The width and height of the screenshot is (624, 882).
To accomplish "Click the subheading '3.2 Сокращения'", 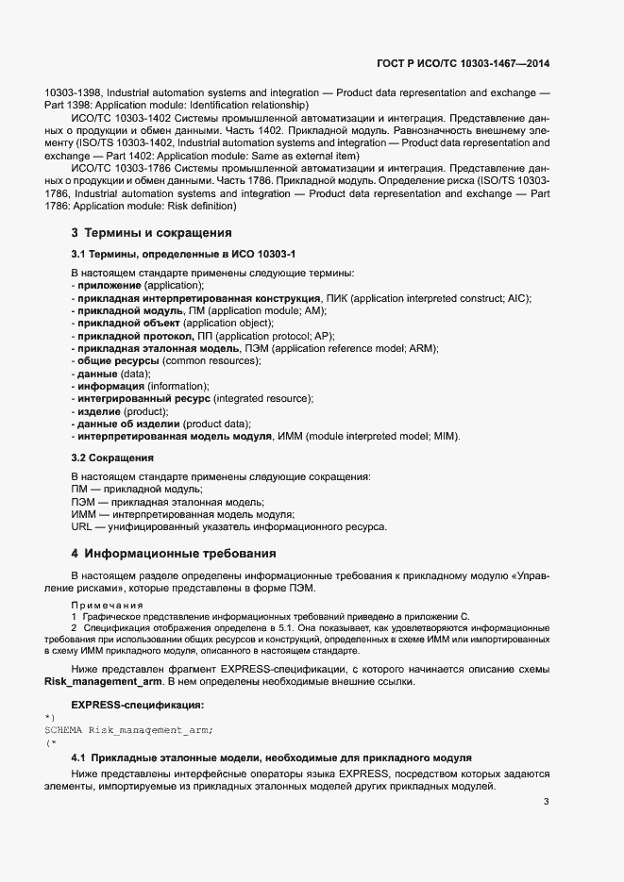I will (x=112, y=458).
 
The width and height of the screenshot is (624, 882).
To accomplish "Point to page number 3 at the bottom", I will (x=547, y=803).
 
